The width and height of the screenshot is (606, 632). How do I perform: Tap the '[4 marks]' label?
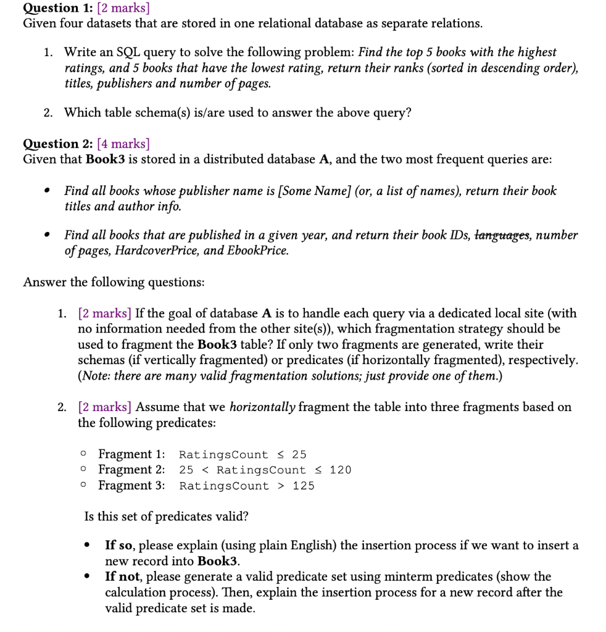[123, 144]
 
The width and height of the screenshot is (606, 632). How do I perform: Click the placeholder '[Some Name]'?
[313, 191]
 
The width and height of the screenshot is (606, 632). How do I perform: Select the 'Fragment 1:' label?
[131, 454]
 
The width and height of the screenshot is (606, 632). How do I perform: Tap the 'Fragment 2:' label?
[131, 470]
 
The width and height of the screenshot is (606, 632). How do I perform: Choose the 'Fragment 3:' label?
[131, 486]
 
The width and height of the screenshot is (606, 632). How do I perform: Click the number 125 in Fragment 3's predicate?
[304, 486]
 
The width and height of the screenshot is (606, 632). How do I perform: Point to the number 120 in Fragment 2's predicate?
[341, 470]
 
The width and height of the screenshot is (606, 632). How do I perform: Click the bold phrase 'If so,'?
[118, 546]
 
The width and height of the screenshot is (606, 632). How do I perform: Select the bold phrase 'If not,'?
[122, 577]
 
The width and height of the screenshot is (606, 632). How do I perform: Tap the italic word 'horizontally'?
[262, 407]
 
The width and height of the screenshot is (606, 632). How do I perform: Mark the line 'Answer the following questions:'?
[114, 282]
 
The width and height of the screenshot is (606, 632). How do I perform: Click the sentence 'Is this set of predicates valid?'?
[166, 516]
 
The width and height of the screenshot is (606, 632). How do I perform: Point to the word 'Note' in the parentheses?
[96, 376]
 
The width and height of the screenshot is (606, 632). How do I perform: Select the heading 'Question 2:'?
[58, 144]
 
